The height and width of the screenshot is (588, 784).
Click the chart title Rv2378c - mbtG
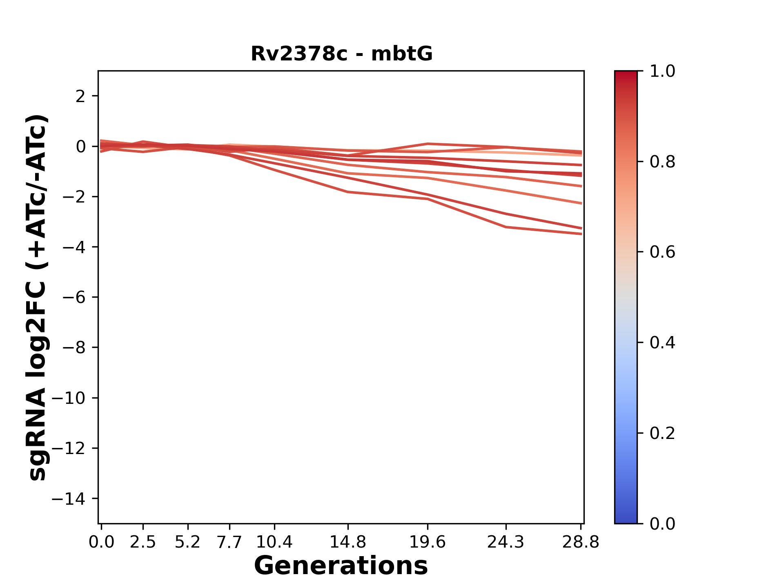pyautogui.click(x=341, y=54)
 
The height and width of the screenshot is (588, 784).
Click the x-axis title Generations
pyautogui.click(x=341, y=566)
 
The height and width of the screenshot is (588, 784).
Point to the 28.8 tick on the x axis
pyautogui.click(x=581, y=542)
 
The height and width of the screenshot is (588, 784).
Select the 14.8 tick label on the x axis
pyautogui.click(x=347, y=542)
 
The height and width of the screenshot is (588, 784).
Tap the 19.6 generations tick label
pyautogui.click(x=428, y=542)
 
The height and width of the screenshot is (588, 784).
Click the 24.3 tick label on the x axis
pyautogui.click(x=506, y=542)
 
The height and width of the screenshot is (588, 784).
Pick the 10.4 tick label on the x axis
pyautogui.click(x=274, y=542)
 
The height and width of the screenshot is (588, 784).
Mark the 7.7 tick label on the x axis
pyautogui.click(x=229, y=542)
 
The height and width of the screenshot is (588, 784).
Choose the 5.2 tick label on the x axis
pyautogui.click(x=187, y=542)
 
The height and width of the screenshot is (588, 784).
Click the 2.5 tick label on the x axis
pyautogui.click(x=143, y=542)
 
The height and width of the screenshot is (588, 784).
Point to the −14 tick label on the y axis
pyautogui.click(x=68, y=499)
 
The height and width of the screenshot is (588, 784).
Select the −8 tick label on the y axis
pyautogui.click(x=73, y=347)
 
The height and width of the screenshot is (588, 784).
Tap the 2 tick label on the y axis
pyautogui.click(x=80, y=96)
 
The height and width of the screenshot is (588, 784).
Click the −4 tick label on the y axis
pyautogui.click(x=73, y=247)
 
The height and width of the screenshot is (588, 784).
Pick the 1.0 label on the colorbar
pyautogui.click(x=662, y=71)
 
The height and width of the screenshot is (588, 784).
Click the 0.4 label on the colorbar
pyautogui.click(x=662, y=343)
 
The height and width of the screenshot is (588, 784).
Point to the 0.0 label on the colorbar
pyautogui.click(x=662, y=523)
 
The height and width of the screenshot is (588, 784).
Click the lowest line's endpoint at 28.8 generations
pyautogui.click(x=581, y=234)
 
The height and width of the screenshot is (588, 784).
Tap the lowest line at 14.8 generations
pyautogui.click(x=347, y=192)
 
